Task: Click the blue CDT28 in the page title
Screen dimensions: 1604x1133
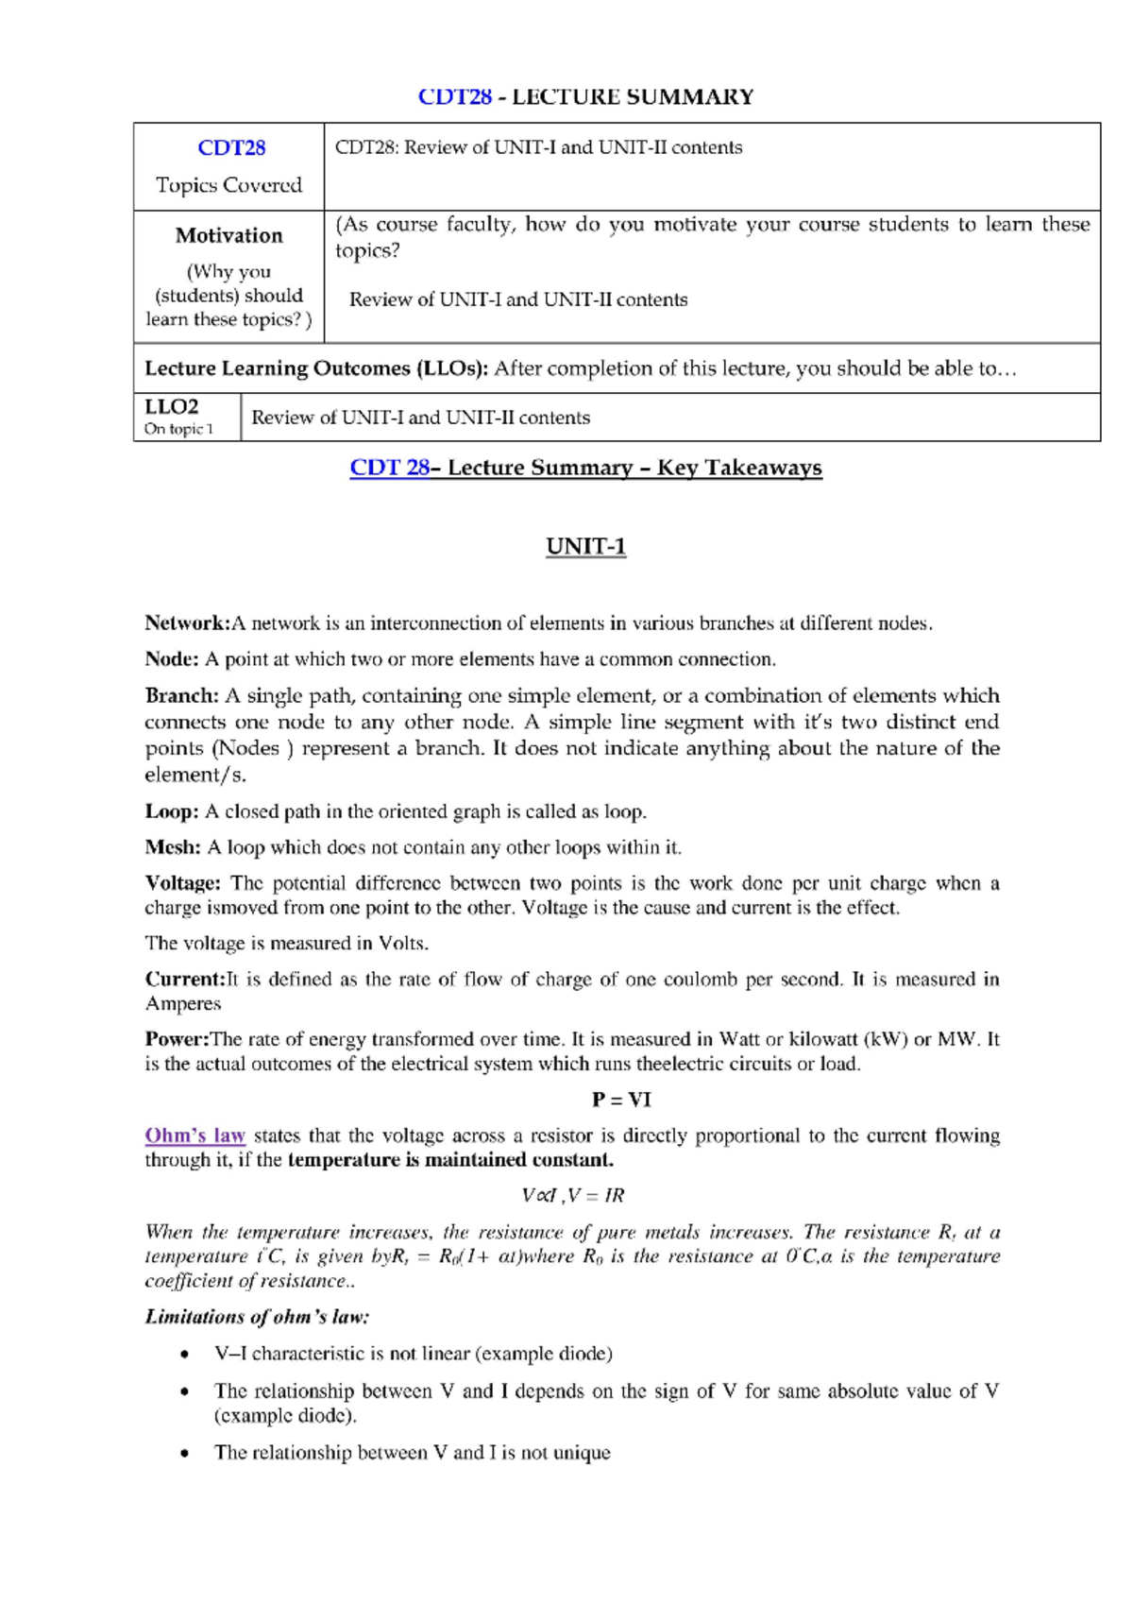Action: click(x=455, y=97)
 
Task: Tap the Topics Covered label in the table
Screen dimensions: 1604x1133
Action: click(x=228, y=185)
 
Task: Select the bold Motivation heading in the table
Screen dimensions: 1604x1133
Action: click(x=228, y=235)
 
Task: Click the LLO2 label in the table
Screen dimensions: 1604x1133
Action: click(x=172, y=407)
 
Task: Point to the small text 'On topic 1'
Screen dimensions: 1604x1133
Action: click(x=178, y=429)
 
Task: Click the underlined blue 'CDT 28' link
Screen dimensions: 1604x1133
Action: click(x=389, y=468)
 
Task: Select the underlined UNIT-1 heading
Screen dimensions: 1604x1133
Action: click(x=585, y=547)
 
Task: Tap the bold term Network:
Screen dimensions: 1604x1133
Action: click(x=187, y=623)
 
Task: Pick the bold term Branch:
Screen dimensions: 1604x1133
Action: click(x=181, y=696)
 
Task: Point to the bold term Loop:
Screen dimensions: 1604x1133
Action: click(x=171, y=811)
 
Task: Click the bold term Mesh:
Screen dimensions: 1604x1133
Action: click(x=173, y=847)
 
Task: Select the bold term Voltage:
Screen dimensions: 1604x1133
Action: click(x=182, y=883)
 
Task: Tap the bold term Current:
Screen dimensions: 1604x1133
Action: click(x=184, y=980)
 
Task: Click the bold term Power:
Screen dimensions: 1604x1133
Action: click(x=177, y=1039)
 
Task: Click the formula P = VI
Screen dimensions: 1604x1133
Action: click(x=621, y=1100)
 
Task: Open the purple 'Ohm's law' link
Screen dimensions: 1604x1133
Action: click(x=194, y=1135)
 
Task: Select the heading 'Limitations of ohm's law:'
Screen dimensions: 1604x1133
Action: click(x=257, y=1317)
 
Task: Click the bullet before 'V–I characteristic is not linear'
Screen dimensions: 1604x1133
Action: click(x=184, y=1355)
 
